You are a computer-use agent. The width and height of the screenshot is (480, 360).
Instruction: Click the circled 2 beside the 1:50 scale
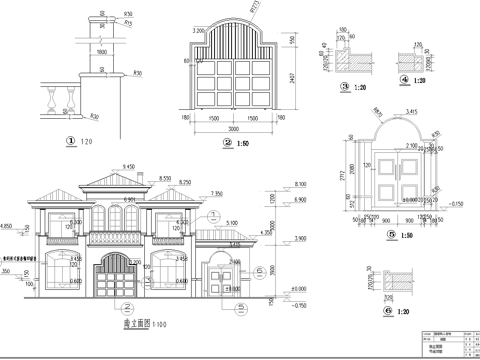pyautogui.click(x=228, y=143)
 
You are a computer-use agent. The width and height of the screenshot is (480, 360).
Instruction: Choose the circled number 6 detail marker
pyautogui.click(x=388, y=311)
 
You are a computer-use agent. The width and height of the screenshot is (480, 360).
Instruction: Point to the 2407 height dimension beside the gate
pyautogui.click(x=291, y=78)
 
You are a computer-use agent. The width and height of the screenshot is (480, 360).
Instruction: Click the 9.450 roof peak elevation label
pyautogui.click(x=128, y=168)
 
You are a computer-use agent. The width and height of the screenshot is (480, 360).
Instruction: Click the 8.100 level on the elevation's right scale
pyautogui.click(x=300, y=183)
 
